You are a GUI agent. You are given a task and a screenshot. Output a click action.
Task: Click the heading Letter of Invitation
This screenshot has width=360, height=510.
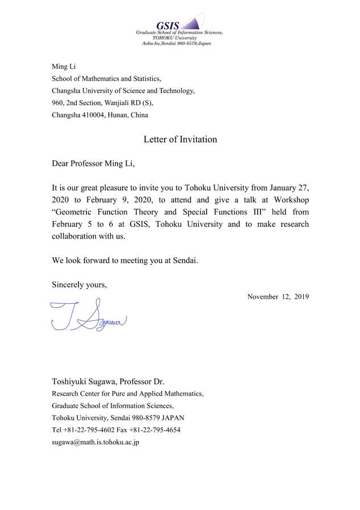point(180,139)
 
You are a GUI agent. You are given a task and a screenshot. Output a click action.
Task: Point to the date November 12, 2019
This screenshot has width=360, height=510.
point(278,296)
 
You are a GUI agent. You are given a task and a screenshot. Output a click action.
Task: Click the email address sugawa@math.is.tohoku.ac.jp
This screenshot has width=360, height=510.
point(95,441)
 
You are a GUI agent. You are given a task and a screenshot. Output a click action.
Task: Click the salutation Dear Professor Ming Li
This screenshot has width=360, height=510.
point(94,164)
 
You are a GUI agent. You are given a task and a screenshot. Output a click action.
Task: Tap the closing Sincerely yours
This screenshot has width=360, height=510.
point(79,285)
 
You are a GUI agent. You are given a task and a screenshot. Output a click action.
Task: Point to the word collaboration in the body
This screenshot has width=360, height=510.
point(77,236)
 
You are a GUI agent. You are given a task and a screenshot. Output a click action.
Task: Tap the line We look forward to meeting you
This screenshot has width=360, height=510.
point(125,261)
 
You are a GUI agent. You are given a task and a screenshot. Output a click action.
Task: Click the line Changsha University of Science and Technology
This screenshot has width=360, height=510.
point(123,91)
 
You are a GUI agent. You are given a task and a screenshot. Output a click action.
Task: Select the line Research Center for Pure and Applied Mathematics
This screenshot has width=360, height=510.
point(127,394)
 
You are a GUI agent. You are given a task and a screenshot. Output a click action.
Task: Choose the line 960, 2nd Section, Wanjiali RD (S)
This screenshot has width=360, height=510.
point(103,103)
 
